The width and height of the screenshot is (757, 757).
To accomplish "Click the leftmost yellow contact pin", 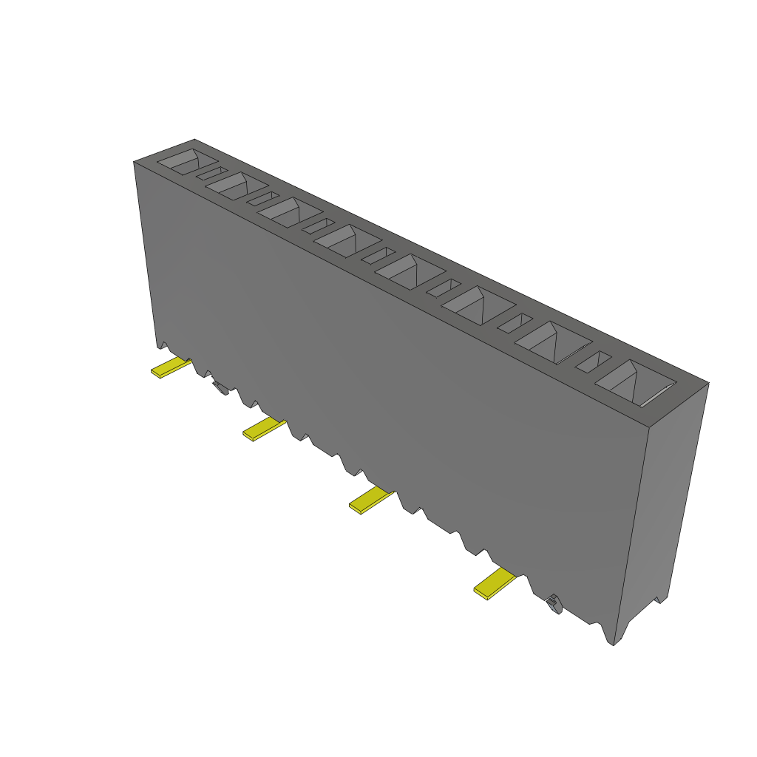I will [170, 367].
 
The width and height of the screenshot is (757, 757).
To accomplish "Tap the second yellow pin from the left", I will [263, 429].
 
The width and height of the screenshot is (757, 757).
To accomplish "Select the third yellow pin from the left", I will [370, 500].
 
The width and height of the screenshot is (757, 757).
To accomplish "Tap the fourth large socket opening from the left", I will [346, 241].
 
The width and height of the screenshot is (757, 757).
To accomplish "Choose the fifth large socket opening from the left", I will [410, 271].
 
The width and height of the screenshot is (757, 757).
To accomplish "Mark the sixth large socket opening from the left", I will [478, 305].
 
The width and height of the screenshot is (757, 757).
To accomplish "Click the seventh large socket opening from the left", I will [552, 342].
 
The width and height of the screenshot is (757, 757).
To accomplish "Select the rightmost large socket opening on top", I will [634, 383].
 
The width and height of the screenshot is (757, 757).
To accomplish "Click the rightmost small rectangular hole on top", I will [594, 361].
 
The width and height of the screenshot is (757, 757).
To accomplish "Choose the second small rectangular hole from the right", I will [514, 322].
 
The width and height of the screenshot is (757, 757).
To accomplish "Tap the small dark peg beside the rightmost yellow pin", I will [553, 605].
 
